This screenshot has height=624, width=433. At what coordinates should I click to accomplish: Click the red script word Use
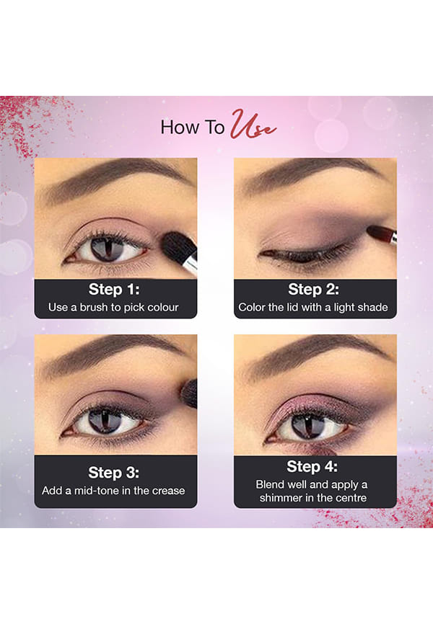253,125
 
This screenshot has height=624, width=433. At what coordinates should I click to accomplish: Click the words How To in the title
193,128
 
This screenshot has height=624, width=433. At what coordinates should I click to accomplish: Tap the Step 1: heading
114,290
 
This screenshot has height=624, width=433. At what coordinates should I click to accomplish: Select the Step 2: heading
313,290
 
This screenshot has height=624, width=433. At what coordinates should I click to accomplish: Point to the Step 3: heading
113,473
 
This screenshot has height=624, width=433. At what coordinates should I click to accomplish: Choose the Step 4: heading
312,466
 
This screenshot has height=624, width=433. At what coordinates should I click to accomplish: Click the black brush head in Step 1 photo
179,248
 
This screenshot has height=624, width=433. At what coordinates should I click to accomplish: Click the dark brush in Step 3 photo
189,393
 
